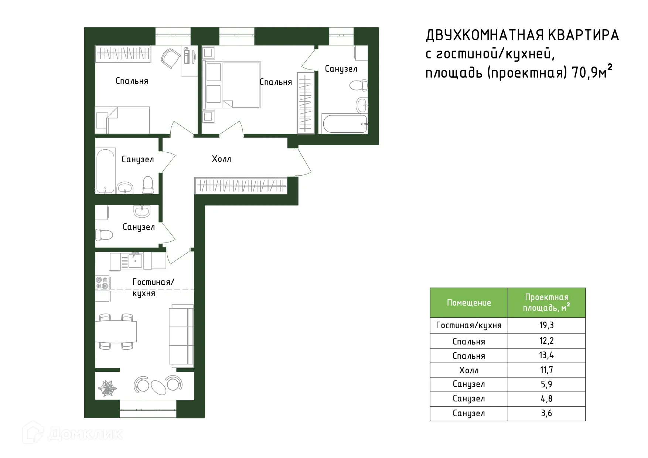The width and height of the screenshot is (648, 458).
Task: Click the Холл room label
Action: tap(221, 159)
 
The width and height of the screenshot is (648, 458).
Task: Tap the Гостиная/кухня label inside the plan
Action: tap(153, 287)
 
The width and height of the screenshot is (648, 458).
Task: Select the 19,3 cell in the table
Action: tap(546, 325)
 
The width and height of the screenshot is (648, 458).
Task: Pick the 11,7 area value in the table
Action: tap(546, 370)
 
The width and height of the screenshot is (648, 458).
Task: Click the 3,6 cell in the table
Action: tap(546, 413)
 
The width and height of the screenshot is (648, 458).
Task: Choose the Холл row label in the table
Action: tap(468, 370)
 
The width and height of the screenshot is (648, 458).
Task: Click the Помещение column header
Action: tap(468, 303)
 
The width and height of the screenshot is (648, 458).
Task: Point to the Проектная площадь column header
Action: tap(546, 302)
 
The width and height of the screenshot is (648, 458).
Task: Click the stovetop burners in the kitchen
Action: tap(102, 283)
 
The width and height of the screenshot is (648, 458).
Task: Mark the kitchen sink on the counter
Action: tap(135, 261)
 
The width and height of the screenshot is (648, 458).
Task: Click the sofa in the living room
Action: tap(181, 336)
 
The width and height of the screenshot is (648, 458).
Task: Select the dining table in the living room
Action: tap(116, 332)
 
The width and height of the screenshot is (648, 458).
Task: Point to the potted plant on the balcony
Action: tap(108, 388)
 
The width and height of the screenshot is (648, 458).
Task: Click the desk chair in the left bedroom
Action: tap(170, 58)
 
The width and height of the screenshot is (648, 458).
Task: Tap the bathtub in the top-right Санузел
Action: tap(344, 124)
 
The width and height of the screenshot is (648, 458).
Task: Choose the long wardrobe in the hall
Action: tap(241, 186)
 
